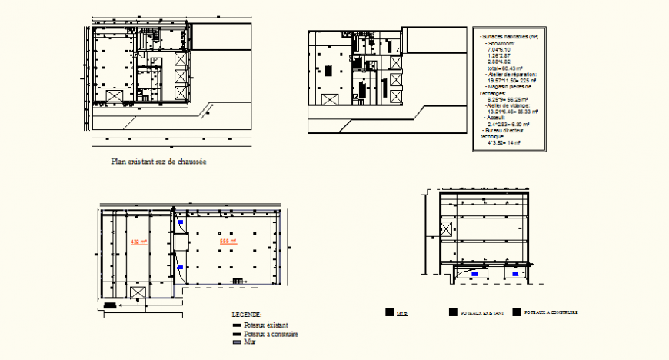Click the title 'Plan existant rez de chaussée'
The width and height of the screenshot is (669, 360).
point(159,162)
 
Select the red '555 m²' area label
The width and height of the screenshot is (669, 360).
point(228,242)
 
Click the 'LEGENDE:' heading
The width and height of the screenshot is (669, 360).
point(246,315)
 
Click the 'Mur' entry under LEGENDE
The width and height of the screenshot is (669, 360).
point(248,342)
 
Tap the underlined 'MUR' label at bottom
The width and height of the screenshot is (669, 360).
point(402,314)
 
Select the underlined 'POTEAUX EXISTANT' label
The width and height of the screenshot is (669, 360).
point(481,313)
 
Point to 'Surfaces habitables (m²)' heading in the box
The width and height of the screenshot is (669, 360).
point(508,36)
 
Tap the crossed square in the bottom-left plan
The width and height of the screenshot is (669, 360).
point(138,293)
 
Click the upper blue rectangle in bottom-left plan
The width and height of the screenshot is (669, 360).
point(181,222)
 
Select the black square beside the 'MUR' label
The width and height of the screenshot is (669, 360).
point(389,312)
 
